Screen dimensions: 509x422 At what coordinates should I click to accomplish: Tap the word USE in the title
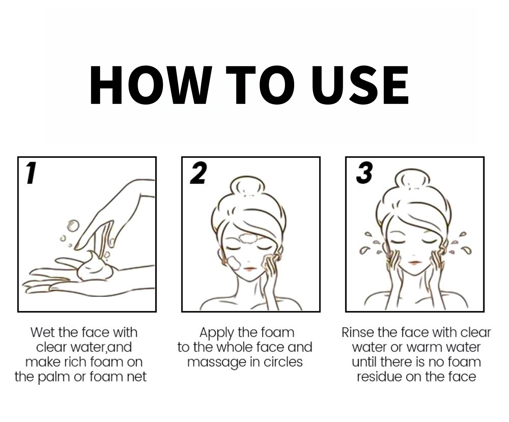pos(360,85)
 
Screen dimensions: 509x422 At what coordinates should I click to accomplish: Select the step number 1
pos(31,173)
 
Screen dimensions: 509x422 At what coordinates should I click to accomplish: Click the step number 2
pos(198,173)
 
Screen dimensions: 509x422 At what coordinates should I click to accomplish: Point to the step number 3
pos(364,173)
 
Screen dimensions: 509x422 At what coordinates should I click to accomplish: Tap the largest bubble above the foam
pos(73,226)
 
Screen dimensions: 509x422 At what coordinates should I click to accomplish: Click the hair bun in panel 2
pos(247,186)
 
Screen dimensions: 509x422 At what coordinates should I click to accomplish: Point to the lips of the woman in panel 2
pos(249,268)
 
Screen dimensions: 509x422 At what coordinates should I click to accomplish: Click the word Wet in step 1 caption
pos(43,333)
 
